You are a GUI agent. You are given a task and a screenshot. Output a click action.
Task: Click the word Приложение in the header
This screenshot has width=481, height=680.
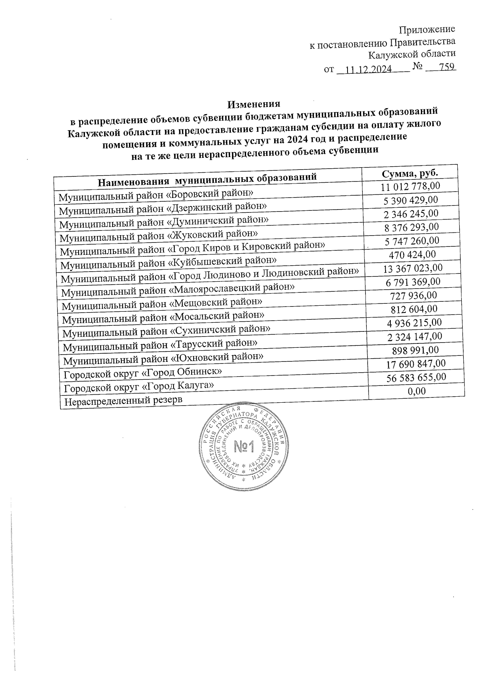(x=427, y=29)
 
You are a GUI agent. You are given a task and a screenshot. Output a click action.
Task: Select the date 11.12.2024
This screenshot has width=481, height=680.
(x=368, y=69)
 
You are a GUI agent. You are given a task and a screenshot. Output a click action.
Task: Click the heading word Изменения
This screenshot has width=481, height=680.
(x=253, y=104)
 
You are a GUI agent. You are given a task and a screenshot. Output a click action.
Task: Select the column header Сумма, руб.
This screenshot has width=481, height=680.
(x=409, y=173)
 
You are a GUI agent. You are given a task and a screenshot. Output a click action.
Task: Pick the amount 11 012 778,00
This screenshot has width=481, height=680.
(x=410, y=186)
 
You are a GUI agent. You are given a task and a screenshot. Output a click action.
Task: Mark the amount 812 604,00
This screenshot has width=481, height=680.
(x=414, y=309)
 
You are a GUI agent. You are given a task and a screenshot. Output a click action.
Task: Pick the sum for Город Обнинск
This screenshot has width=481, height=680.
(x=416, y=364)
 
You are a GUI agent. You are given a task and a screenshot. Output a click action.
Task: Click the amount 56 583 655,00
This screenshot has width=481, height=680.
(x=416, y=377)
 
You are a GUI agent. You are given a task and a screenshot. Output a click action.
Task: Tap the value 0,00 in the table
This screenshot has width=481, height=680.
(x=416, y=391)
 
